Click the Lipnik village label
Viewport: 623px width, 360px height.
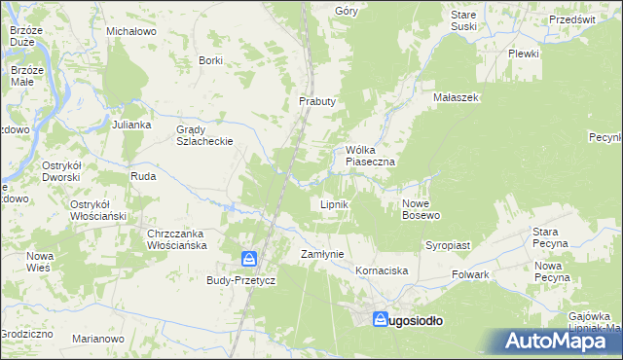[x=335, y=205]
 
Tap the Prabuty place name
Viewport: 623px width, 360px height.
[x=316, y=101]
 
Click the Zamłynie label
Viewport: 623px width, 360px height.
[x=322, y=254]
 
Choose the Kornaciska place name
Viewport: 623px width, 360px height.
[x=382, y=270]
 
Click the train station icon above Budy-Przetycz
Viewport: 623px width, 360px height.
[x=250, y=259]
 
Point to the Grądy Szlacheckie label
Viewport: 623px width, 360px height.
[x=203, y=135]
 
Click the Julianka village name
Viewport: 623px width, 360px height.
[x=131, y=126]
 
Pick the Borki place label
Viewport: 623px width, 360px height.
[x=210, y=60]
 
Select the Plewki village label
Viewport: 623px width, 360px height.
[x=523, y=54]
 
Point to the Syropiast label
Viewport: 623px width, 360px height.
[x=447, y=246]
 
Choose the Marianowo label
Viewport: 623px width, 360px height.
[x=98, y=340]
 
